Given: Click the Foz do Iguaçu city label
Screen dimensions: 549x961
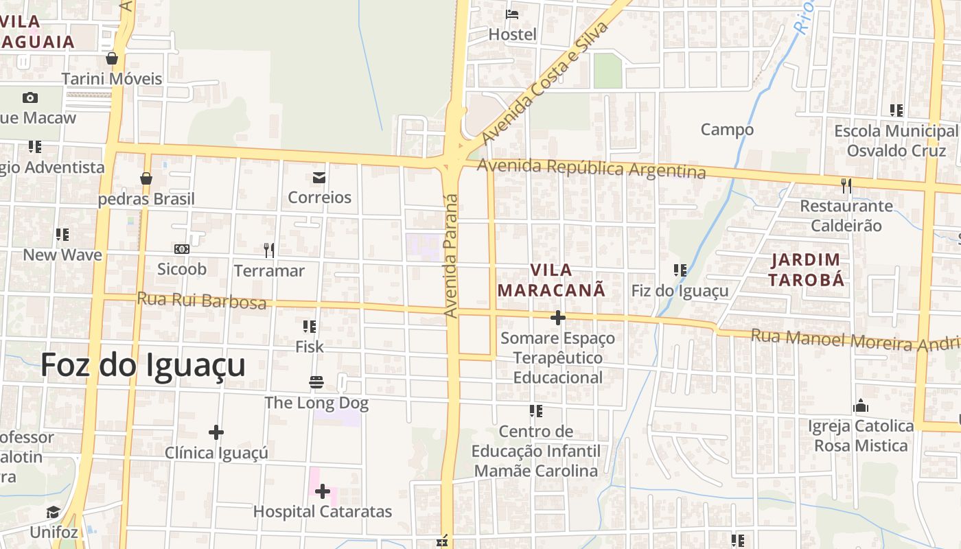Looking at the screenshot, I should coord(143,365).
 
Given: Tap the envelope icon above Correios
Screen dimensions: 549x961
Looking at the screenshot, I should coord(319,178).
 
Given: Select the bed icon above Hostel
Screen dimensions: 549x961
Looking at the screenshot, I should coord(512,14).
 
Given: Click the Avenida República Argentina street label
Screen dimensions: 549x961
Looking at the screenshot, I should coord(591,168).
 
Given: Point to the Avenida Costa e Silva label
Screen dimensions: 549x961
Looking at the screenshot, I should coord(545,82).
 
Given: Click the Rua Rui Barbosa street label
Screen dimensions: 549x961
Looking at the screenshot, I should coord(201,300).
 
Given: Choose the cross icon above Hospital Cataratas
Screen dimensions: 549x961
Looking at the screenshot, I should coord(322,491).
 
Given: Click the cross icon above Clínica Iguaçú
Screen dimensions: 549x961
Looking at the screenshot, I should coord(216,432).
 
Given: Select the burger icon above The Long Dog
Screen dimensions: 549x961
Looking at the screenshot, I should coord(316,382).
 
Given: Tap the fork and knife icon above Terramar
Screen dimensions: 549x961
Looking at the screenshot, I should coord(269,250).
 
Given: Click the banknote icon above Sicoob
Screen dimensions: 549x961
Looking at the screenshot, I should coord(182,248).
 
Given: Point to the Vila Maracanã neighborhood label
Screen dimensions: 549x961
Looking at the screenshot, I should coord(551,280).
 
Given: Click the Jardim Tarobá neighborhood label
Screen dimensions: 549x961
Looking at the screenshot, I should coord(806,270).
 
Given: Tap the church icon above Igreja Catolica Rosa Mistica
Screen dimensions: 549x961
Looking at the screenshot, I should coord(861,406).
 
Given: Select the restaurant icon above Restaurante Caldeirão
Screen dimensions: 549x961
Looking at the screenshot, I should coord(846,185).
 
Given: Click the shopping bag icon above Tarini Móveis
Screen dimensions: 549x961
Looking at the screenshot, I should coord(112,58).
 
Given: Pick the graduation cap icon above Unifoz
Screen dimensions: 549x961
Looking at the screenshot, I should coord(54,512).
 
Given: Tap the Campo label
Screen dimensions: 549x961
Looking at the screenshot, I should coord(727,129).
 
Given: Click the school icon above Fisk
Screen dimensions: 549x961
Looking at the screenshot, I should coord(309,326).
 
